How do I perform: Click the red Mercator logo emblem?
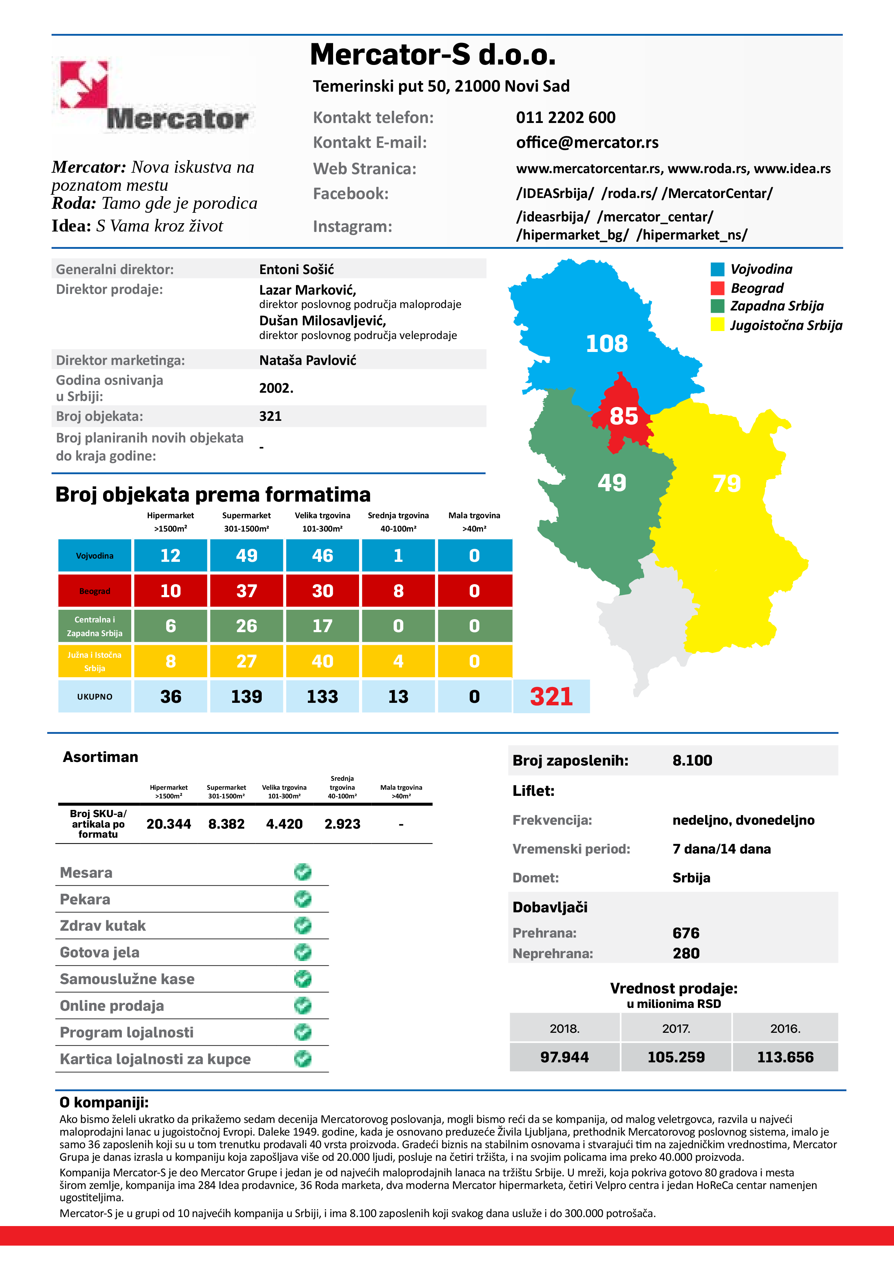point(84,84)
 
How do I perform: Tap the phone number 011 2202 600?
point(565,117)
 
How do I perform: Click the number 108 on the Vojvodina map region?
point(606,344)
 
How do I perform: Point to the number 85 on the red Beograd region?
point(624,416)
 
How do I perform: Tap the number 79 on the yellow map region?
point(726,484)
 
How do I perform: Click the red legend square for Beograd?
point(717,288)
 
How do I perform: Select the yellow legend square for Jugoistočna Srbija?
point(717,325)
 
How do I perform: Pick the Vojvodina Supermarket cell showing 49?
point(246,555)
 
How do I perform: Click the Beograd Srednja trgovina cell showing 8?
point(398,591)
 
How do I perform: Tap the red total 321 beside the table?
point(552,696)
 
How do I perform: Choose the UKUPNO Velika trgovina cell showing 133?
point(322,696)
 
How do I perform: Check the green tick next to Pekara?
point(302,899)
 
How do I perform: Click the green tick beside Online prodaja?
point(302,1005)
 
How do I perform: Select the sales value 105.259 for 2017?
point(676,1057)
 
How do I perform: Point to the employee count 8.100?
point(692,760)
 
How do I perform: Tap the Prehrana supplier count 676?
point(686,933)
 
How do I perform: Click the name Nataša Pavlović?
point(307,360)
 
